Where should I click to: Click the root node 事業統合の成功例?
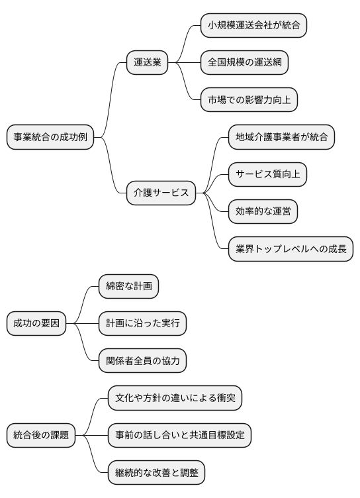point(50,138)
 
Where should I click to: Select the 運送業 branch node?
point(147,63)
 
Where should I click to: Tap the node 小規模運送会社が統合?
point(253,25)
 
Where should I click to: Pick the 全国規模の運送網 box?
point(244,63)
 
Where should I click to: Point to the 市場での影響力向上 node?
point(249,100)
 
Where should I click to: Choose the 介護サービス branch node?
point(161,193)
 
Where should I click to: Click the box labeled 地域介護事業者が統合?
point(281,138)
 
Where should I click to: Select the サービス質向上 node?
point(268,175)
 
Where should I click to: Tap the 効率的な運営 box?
point(263,212)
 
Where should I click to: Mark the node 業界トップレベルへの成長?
point(291,249)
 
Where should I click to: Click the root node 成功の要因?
point(36,323)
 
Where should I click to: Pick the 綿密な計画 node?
point(128,286)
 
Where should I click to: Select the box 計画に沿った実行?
point(142,323)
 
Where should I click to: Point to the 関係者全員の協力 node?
point(142,361)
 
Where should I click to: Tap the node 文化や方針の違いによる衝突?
point(175,398)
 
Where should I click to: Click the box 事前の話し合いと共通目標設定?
point(179,435)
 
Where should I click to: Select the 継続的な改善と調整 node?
point(156,473)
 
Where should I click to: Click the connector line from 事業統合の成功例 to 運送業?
point(111,99)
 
